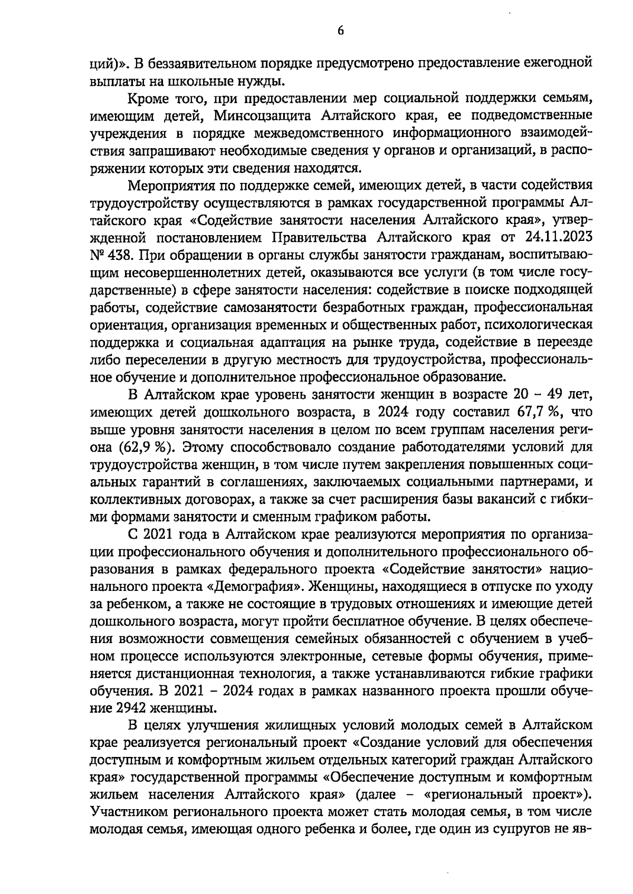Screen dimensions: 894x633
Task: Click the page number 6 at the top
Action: [340, 31]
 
